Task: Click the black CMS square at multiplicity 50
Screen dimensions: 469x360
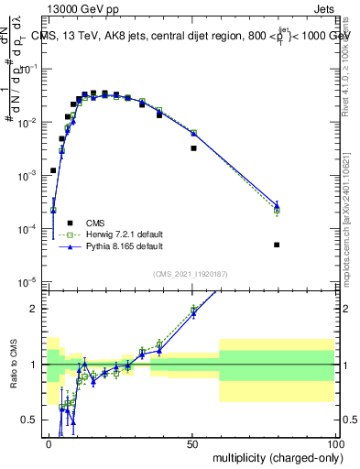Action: point(193,147)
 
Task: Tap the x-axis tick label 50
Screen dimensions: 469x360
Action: point(192,443)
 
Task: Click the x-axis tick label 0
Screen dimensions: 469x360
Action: point(49,443)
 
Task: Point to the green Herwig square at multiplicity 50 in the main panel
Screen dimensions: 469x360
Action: point(193,133)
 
